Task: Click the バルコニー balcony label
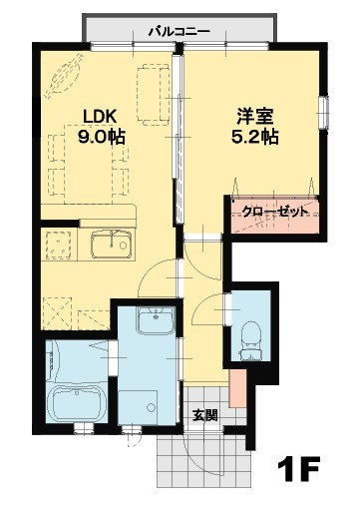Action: (179, 31)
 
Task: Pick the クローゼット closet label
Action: (274, 212)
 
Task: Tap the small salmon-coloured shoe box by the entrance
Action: (234, 389)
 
